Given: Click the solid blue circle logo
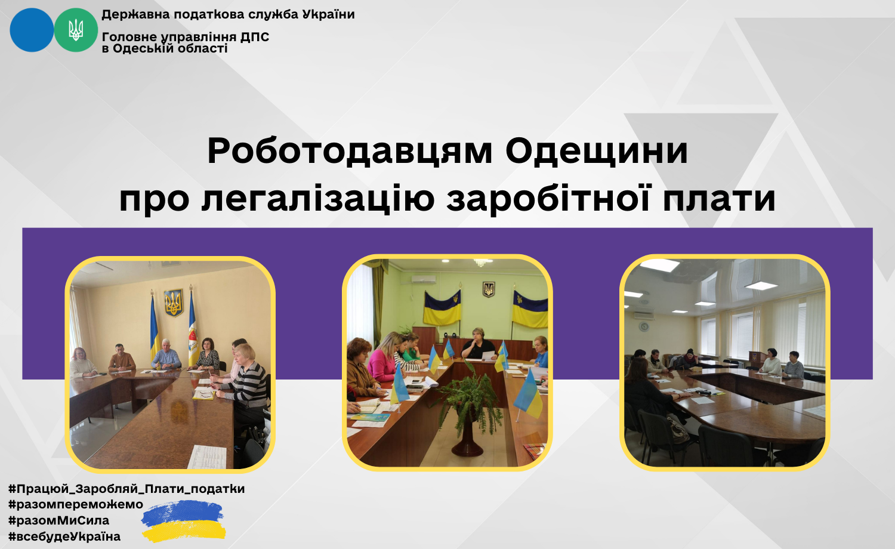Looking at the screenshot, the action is (x=32, y=30).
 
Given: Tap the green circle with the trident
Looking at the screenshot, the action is (x=76, y=30).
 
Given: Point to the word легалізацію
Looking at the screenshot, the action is (x=317, y=199).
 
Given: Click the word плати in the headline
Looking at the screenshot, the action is (x=719, y=199).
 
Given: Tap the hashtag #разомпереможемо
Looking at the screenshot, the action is (x=76, y=504).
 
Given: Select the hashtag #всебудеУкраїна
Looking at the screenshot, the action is (x=64, y=536).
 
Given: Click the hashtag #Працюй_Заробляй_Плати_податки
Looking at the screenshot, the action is (x=126, y=489).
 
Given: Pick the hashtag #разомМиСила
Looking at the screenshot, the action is (x=58, y=520).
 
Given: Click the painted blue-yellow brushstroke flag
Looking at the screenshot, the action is (x=183, y=521).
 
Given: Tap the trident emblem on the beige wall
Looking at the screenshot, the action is (x=174, y=302).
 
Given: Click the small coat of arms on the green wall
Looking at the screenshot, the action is (x=489, y=288).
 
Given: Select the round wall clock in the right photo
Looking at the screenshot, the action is (x=644, y=326).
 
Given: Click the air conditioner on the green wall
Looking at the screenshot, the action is (x=424, y=279).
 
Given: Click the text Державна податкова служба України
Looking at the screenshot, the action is (x=228, y=14).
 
